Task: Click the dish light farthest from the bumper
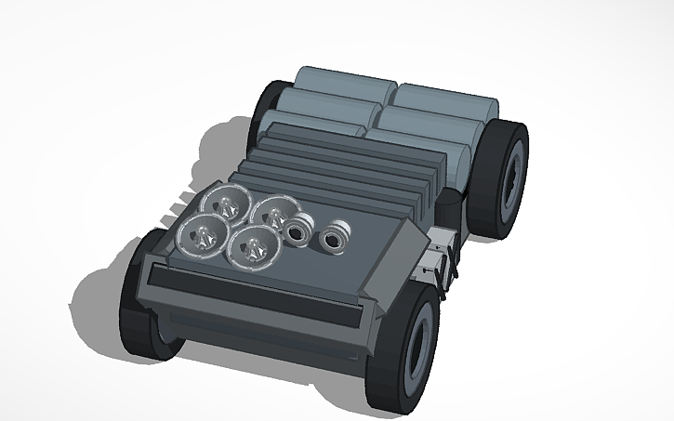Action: [222, 201]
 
